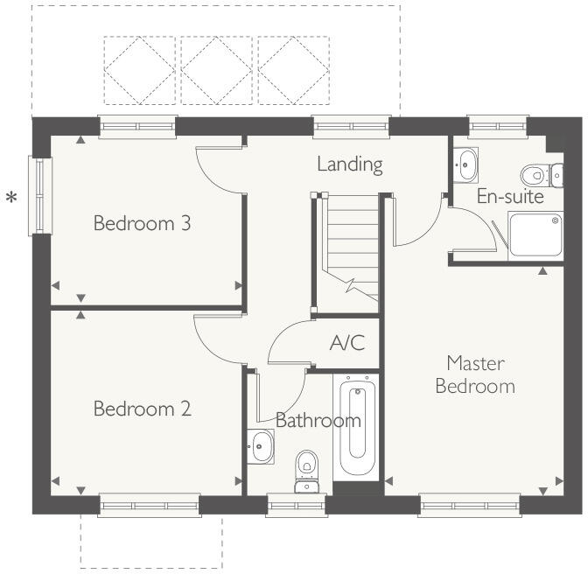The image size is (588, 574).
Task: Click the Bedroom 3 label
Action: pos(143,223)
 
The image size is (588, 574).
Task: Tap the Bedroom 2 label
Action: pos(143,409)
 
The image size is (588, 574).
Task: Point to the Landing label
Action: pos(350,164)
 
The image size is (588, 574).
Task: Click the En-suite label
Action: pos(510,197)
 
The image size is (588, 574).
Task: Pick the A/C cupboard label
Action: pos(347,343)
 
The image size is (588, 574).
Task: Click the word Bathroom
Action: pos(318,421)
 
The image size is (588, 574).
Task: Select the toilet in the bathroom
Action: pos(306,470)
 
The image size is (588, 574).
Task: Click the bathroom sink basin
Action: pos(261,447)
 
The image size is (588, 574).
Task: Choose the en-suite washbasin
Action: pos(465,163)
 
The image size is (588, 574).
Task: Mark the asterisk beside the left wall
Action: pos(11,199)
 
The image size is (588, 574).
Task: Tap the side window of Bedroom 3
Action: pos(38,195)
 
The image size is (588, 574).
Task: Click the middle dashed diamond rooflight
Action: pos(216,69)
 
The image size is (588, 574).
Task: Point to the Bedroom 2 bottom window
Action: pos(150,505)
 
